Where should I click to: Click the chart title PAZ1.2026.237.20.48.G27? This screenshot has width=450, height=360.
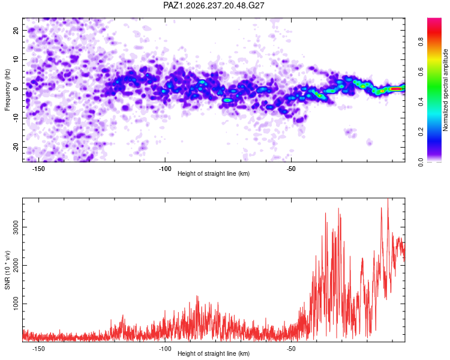[x=214, y=5]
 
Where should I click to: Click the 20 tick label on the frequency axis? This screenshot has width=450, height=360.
[x=16, y=31]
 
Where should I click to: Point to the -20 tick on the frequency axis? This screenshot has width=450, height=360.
[x=16, y=147]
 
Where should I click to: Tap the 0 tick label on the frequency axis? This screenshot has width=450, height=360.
[x=16, y=89]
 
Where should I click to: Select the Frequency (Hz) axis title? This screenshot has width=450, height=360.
[x=7, y=90]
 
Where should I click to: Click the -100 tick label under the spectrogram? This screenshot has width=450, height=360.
[x=165, y=169]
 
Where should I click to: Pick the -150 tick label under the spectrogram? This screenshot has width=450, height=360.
[x=38, y=169]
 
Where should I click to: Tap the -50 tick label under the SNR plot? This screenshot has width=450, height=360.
[x=291, y=349]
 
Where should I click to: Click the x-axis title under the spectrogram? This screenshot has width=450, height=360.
[x=214, y=173]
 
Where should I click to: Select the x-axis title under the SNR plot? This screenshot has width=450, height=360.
[x=214, y=353]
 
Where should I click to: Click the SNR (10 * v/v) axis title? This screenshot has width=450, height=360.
[x=7, y=270]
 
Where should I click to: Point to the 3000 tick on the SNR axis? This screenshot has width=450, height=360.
[x=16, y=227]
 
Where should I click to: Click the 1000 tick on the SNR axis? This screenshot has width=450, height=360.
[x=16, y=304]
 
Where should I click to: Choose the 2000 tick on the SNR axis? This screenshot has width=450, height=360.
[x=16, y=265]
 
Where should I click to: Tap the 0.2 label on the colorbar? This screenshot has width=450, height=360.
[x=421, y=131]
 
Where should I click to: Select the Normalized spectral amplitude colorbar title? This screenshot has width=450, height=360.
[x=445, y=90]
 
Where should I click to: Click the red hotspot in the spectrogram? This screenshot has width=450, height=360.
[x=396, y=89]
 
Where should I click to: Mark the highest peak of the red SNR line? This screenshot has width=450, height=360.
[x=388, y=199]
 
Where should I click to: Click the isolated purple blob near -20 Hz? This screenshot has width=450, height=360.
[x=370, y=142]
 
